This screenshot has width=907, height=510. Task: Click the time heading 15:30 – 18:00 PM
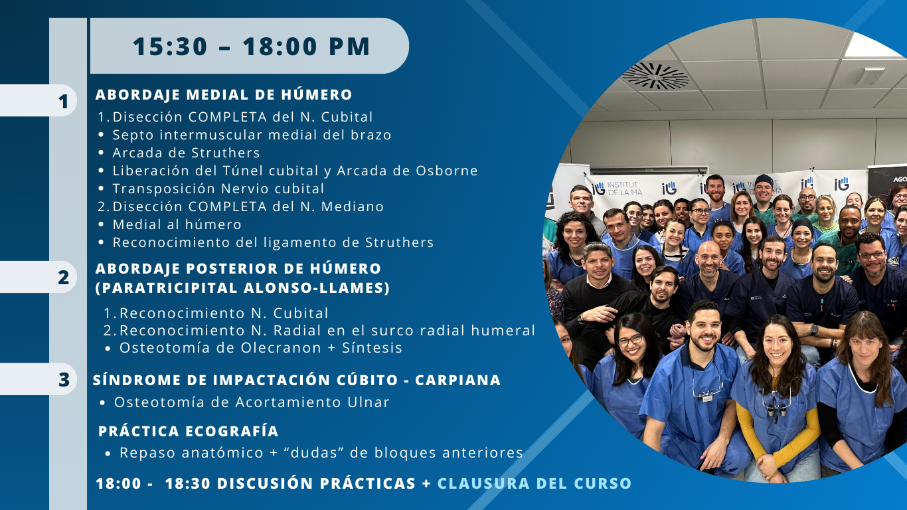251,46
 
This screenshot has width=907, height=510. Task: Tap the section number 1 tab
39,100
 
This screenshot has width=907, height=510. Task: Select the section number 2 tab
39,277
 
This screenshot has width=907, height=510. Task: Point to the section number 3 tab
39,379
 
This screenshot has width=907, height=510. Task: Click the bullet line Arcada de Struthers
186,153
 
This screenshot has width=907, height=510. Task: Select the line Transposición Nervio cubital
218,189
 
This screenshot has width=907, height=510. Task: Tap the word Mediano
353,207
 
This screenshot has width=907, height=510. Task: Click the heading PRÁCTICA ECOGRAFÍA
189,430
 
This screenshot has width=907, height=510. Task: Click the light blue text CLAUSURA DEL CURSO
535,483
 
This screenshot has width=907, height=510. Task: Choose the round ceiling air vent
655,75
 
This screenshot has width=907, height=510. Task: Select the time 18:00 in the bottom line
119,483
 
